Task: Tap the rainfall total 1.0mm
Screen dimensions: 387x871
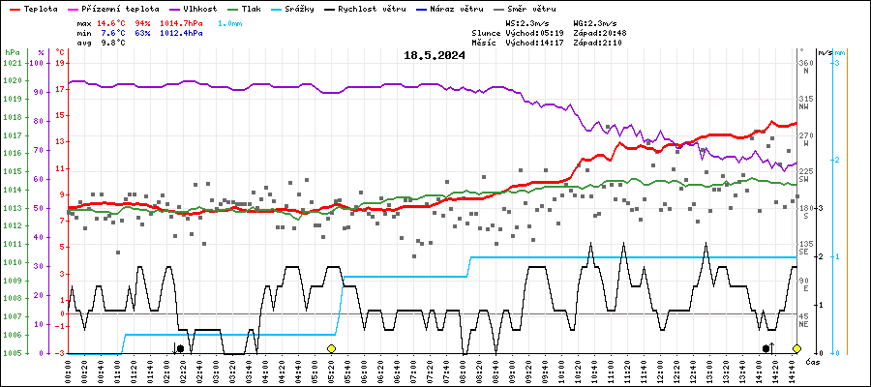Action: [x=230, y=22]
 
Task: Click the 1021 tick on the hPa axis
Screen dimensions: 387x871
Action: [x=13, y=64]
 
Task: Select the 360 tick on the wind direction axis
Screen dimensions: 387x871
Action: [x=805, y=64]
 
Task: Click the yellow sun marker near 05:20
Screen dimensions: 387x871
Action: [x=331, y=348]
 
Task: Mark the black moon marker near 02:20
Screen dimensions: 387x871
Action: [x=180, y=348]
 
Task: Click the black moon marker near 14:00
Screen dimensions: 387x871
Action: [x=766, y=348]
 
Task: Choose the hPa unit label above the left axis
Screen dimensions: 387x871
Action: [x=12, y=52]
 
